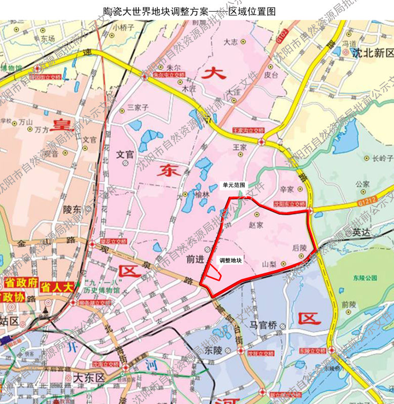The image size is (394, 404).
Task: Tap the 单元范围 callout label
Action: pyautogui.click(x=234, y=185)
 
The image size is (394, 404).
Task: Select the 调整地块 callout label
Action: pyautogui.click(x=231, y=261)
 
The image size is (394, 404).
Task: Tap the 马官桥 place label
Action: pyautogui.click(x=263, y=325)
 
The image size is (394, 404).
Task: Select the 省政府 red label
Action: pyautogui.click(x=21, y=282)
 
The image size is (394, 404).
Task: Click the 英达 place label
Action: pyautogui.click(x=362, y=232)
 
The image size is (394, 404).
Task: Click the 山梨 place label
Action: pyautogui.click(x=269, y=264)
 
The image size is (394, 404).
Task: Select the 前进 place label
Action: pyautogui.click(x=194, y=259)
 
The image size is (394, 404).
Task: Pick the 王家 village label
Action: pyautogui.click(x=239, y=147)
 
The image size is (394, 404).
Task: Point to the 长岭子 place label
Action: pyautogui.click(x=382, y=158)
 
